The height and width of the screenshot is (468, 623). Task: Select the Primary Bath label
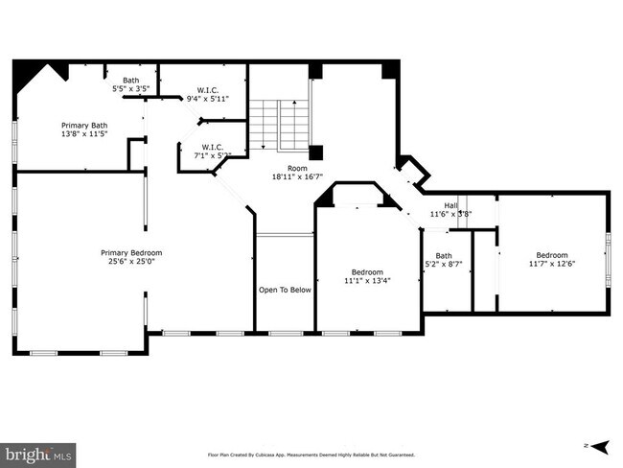[x=84, y=125]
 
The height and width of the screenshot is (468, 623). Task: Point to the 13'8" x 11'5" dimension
[x=84, y=134]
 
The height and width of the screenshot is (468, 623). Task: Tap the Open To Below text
[x=285, y=290]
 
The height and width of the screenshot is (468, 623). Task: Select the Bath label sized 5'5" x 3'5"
[x=130, y=81]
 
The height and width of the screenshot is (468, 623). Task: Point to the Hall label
[x=450, y=205]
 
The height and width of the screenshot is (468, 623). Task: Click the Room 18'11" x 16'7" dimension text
[x=297, y=176]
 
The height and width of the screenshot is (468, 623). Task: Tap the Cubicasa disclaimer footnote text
[x=311, y=456]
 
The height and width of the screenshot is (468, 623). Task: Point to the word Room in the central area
[x=297, y=168]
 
